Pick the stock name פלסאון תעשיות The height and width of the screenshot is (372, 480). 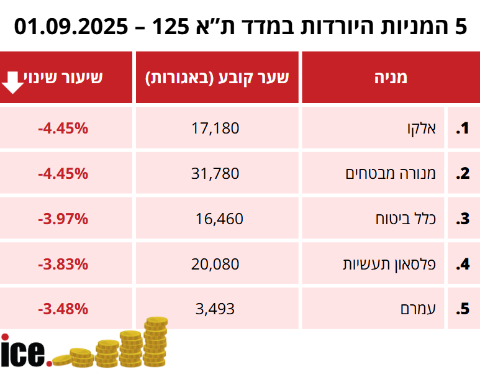[390, 264]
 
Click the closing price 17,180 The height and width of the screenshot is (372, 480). [216, 129]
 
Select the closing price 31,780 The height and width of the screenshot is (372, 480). [216, 174]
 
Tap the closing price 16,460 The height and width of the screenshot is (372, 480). [219, 219]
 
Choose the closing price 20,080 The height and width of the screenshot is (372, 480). [216, 264]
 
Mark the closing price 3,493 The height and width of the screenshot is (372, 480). [215, 309]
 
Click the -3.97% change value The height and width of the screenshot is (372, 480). [63, 219]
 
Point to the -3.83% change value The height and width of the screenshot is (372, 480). [63, 264]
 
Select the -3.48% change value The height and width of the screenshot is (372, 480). [63, 309]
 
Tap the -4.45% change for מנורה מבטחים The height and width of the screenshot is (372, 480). [63, 174]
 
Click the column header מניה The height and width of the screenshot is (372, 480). [391, 78]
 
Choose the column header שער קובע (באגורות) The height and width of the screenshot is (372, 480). [217, 78]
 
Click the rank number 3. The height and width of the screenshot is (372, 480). [462, 219]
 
